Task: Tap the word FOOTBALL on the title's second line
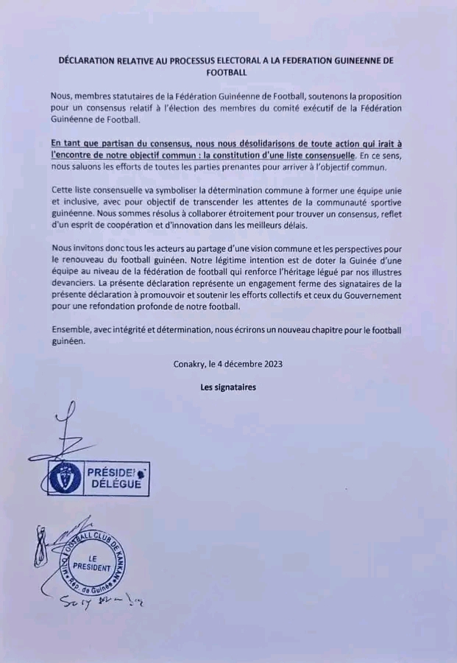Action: click(x=228, y=74)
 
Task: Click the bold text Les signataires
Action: click(x=228, y=387)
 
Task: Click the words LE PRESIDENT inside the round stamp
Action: click(x=94, y=564)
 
